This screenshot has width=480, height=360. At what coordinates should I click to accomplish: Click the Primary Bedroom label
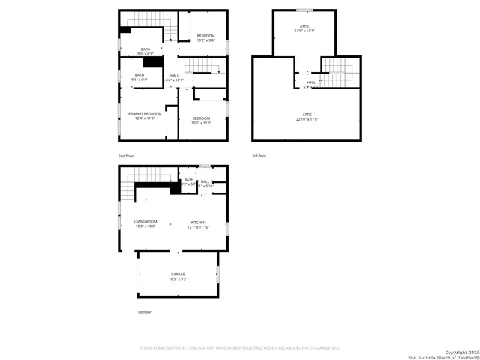[x=145, y=115]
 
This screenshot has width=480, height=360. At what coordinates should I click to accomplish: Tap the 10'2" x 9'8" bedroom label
[x=205, y=38]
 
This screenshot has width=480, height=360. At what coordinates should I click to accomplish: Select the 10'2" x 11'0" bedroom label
[x=200, y=121]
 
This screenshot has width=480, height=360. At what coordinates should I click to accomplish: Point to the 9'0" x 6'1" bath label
[x=145, y=52]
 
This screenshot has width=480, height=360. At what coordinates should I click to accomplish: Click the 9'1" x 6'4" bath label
[x=139, y=76]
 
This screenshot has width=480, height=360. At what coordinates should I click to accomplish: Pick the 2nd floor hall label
[x=174, y=77]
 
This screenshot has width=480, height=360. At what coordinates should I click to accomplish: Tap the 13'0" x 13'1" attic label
[x=304, y=28]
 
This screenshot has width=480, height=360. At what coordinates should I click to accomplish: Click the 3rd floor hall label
[x=310, y=84]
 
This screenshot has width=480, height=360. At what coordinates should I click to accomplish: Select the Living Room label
[x=145, y=223]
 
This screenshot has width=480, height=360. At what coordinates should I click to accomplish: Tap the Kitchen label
[x=199, y=223]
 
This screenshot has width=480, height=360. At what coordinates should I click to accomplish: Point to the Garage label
[x=178, y=276]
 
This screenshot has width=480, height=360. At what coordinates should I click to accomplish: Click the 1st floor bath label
[x=188, y=181]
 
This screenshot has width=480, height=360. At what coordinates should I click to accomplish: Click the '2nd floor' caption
[x=126, y=156]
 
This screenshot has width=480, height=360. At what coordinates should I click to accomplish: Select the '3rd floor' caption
[x=259, y=156]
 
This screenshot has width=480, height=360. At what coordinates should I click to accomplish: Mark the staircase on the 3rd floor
[x=337, y=73]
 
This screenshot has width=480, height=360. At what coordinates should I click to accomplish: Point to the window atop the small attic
[x=304, y=10]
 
